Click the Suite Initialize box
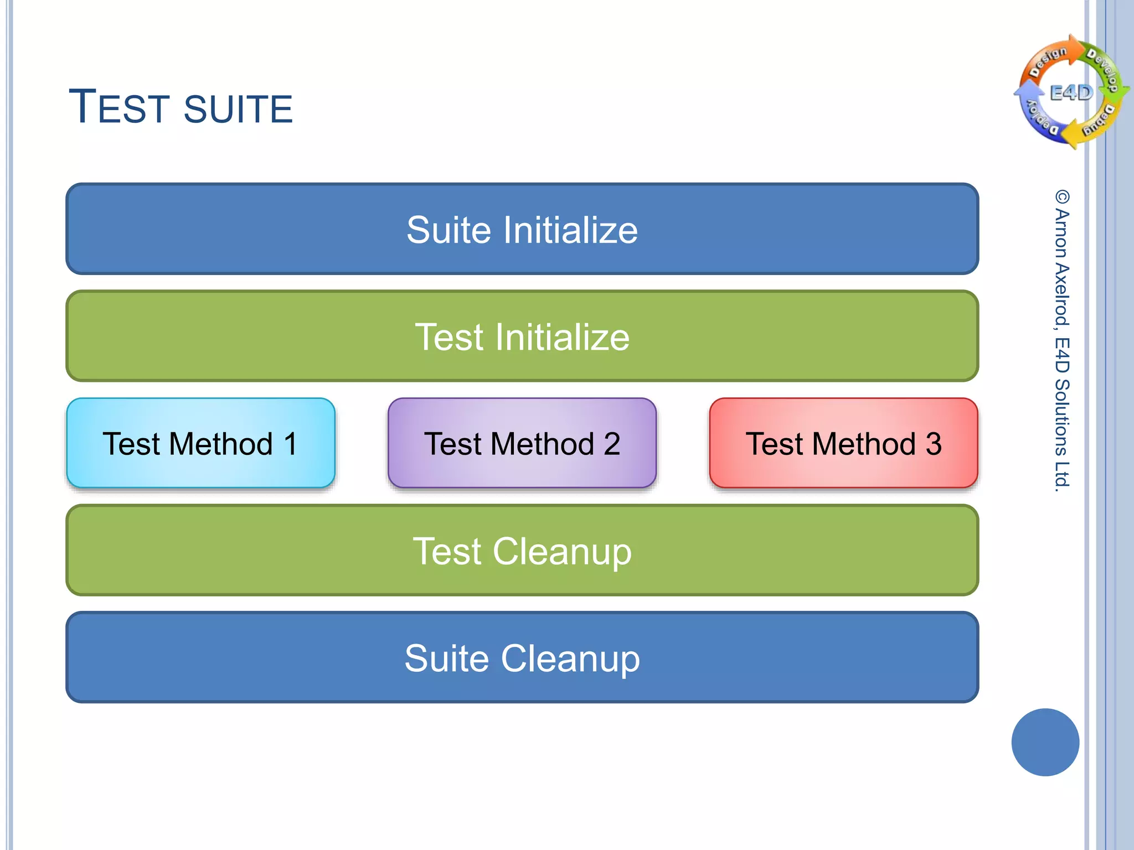(x=522, y=229)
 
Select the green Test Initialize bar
(x=522, y=336)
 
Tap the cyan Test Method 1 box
(x=200, y=443)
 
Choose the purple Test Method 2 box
(x=522, y=443)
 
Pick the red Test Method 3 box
(x=843, y=443)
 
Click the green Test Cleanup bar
(x=522, y=550)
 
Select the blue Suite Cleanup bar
(x=522, y=657)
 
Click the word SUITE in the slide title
(x=238, y=109)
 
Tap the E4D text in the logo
(x=1071, y=92)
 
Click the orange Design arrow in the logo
(x=1049, y=58)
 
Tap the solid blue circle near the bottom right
(x=1045, y=742)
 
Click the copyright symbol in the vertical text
(x=1061, y=197)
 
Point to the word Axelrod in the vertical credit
(x=1061, y=294)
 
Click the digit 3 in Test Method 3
(x=934, y=444)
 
